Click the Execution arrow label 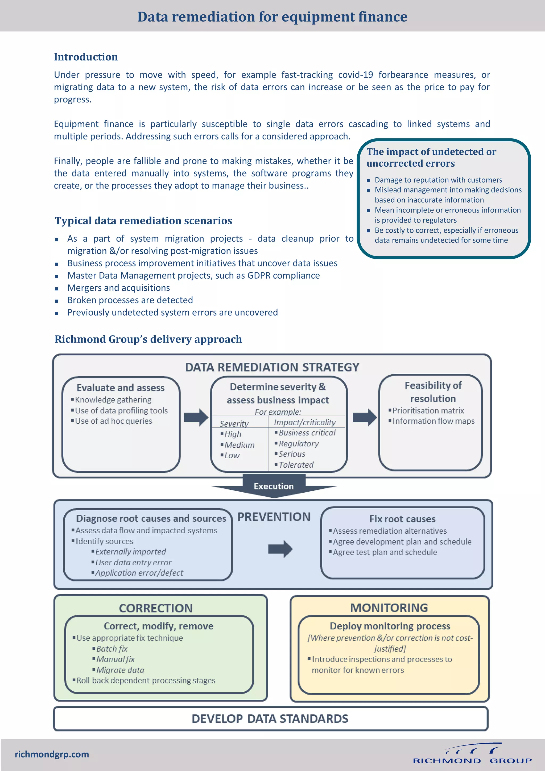273,486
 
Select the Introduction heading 86,57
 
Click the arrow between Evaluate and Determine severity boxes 196,417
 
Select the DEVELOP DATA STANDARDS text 270,719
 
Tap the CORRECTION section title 156,608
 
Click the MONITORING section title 389,608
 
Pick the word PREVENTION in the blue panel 274,517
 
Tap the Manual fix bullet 115,659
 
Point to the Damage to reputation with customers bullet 438,180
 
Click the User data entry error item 133,562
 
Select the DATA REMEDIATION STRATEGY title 272,367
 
